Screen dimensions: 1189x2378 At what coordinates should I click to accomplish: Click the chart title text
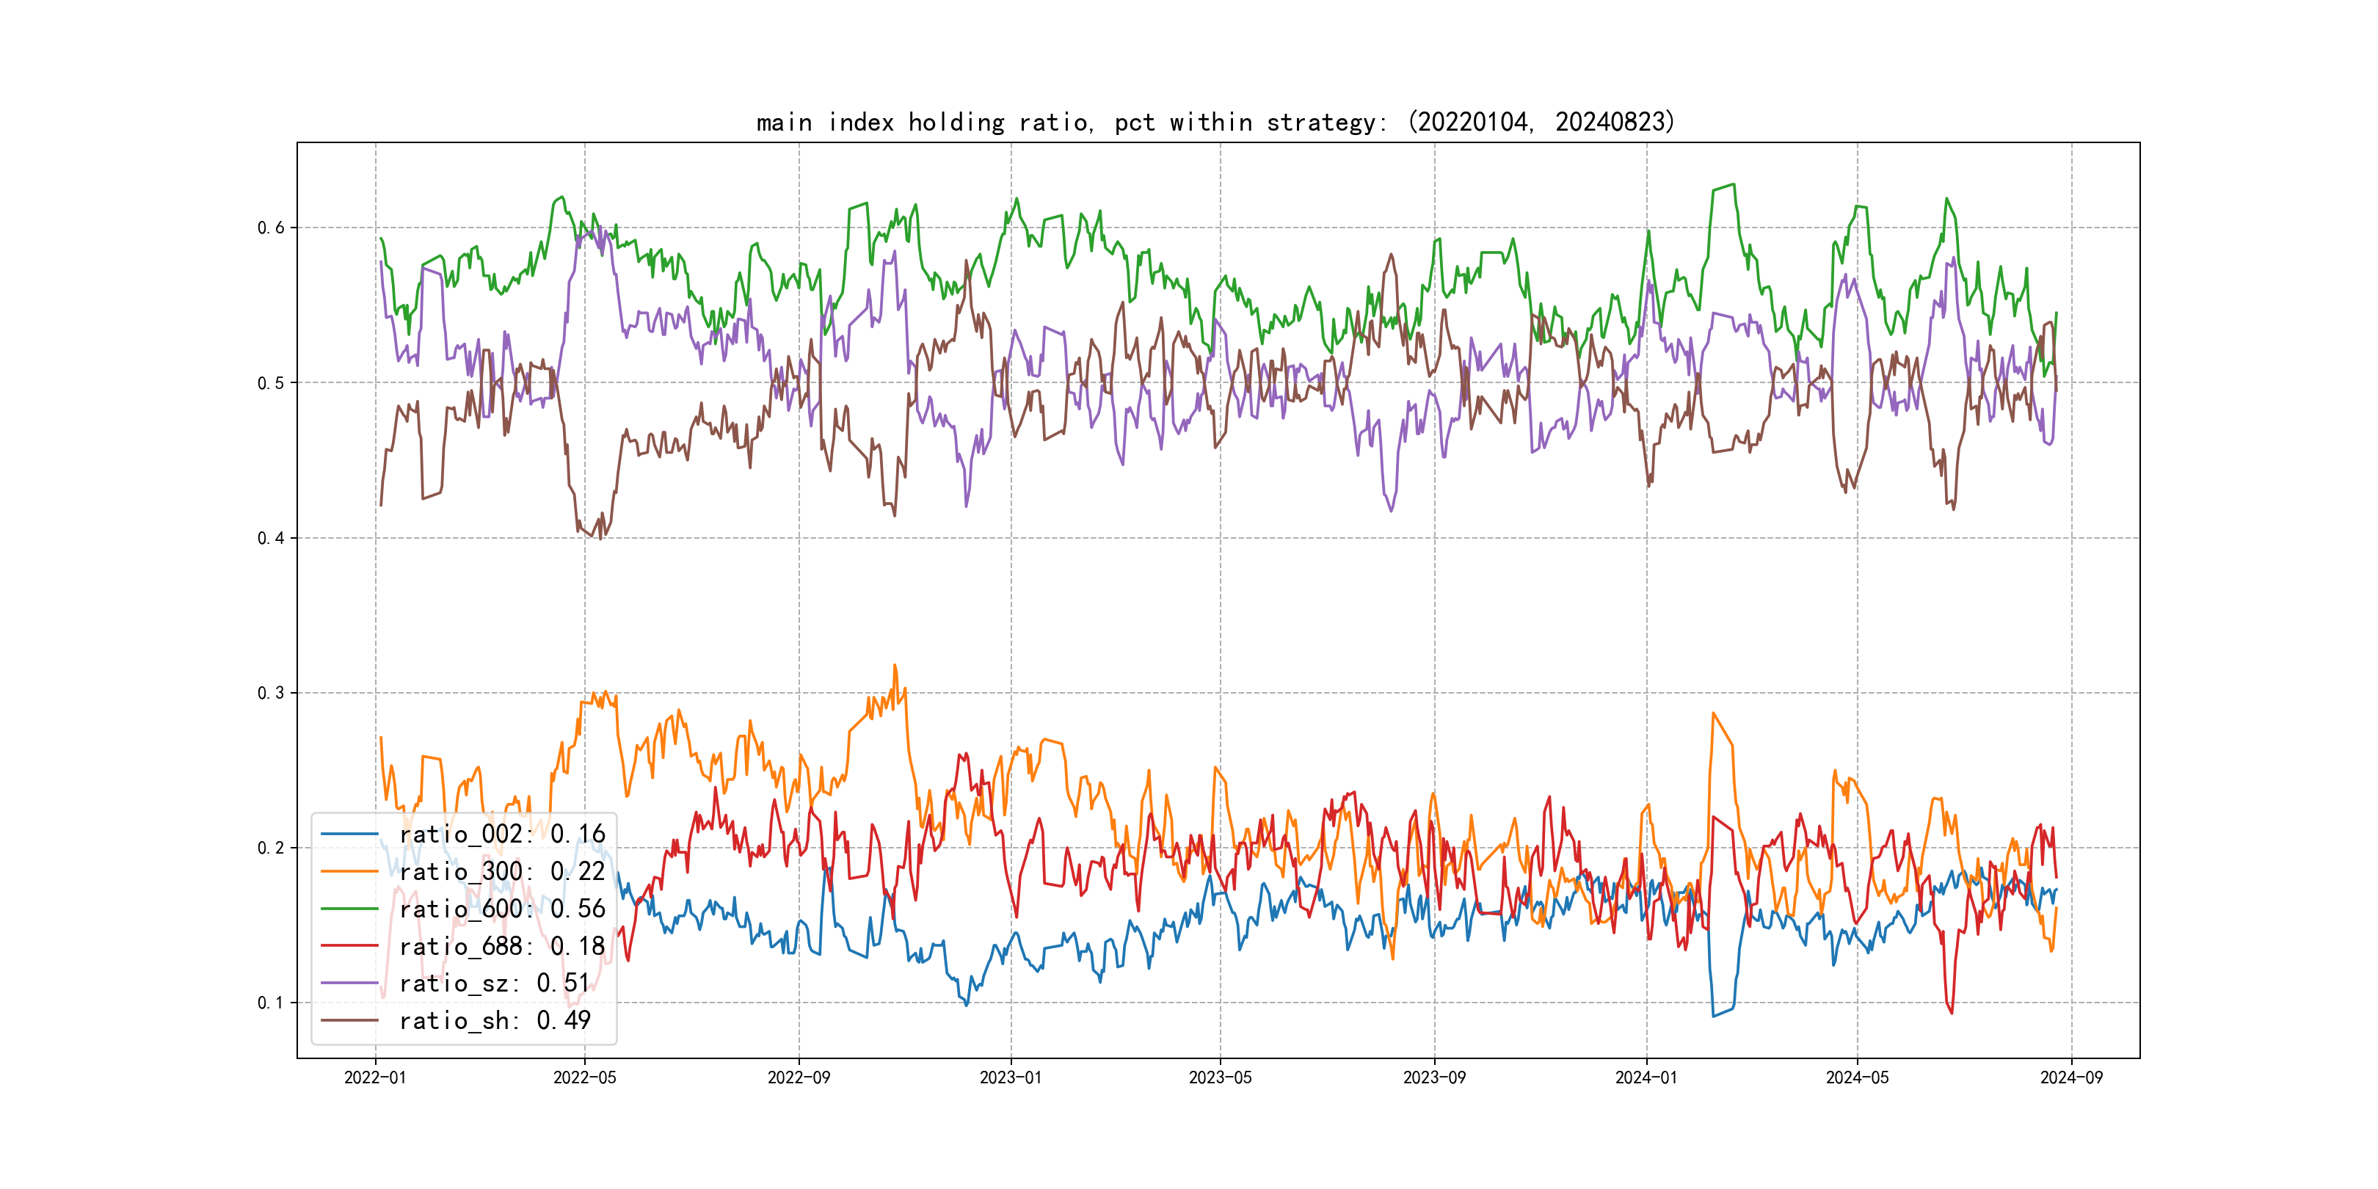(x=1215, y=122)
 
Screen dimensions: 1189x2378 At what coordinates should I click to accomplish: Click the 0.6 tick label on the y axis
(x=271, y=228)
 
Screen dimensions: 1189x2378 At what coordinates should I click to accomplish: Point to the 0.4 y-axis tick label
(x=271, y=538)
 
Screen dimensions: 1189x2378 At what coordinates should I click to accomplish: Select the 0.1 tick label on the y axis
(x=271, y=1003)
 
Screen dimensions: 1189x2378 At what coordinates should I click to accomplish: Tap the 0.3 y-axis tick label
(x=271, y=694)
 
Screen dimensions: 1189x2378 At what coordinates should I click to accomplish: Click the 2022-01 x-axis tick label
(x=375, y=1078)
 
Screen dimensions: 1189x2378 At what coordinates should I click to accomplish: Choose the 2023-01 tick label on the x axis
(x=1011, y=1078)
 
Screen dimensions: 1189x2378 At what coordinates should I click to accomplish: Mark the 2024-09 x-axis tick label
(x=2071, y=1078)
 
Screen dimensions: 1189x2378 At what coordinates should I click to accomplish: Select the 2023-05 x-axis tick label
(x=1221, y=1078)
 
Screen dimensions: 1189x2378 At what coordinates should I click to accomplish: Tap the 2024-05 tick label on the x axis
(x=1858, y=1078)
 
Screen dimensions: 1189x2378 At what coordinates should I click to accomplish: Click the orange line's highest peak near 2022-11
(x=894, y=666)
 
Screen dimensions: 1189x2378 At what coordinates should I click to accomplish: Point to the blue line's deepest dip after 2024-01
(x=1713, y=1017)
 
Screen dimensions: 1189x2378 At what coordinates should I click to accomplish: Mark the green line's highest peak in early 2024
(x=1734, y=185)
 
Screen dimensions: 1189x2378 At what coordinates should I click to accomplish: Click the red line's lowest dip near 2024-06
(x=1952, y=1013)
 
